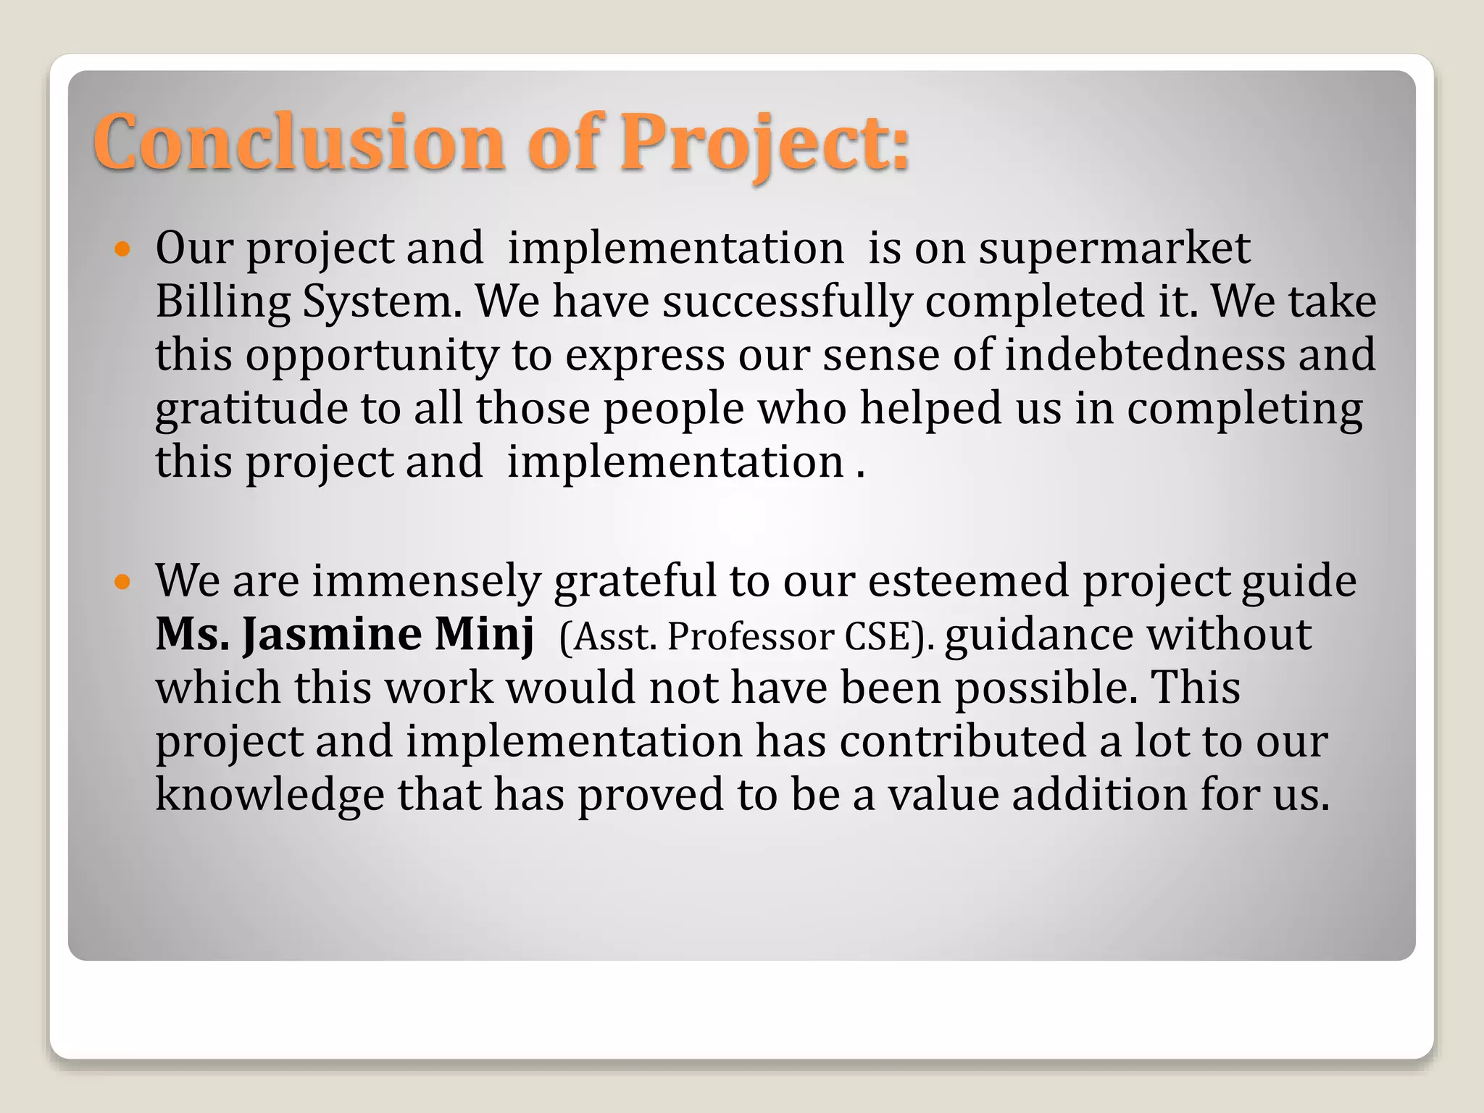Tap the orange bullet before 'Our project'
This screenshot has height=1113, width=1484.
tap(122, 251)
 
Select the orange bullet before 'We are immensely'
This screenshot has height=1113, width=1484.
tap(122, 582)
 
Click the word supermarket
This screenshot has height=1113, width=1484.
tap(1114, 249)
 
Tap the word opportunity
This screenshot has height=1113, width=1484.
tap(372, 356)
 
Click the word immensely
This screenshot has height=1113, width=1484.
tap(427, 582)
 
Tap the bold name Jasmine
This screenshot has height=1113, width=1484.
tap(332, 635)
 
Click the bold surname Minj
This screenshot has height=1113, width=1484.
tap(484, 635)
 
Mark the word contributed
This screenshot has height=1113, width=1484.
tap(963, 741)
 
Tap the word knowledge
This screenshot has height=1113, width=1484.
tap(270, 795)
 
